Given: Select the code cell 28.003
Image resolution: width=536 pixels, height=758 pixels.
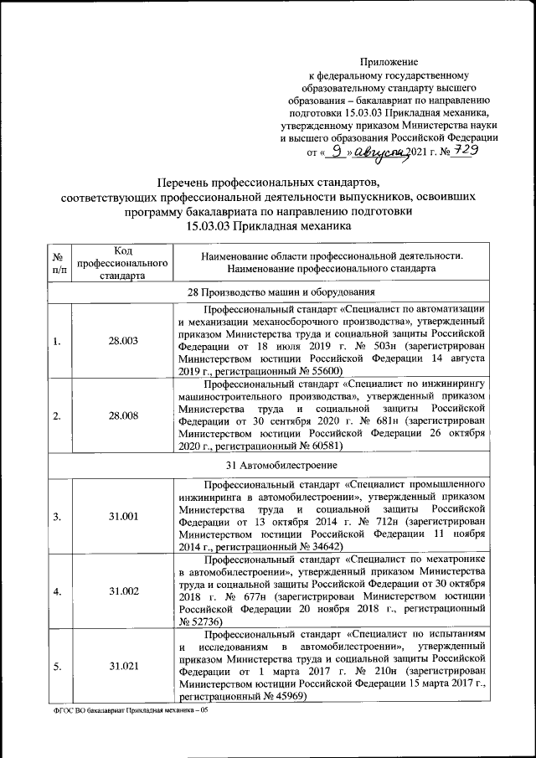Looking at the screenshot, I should [122, 342].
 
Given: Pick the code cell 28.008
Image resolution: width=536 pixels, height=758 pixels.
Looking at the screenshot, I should [122, 415].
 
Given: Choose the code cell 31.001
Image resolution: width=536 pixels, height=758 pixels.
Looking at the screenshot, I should [122, 517].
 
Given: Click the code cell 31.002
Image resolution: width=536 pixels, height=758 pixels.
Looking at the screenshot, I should [122, 591].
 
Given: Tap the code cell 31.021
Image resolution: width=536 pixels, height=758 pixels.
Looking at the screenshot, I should [122, 666].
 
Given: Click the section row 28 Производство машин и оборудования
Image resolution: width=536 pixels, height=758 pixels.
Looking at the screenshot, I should [268, 291].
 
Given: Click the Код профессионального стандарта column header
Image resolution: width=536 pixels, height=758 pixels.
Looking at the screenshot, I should [122, 262].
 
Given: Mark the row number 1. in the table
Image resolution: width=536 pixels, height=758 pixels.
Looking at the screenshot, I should [56, 342].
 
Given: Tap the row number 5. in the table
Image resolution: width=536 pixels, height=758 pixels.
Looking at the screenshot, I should [56, 666].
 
